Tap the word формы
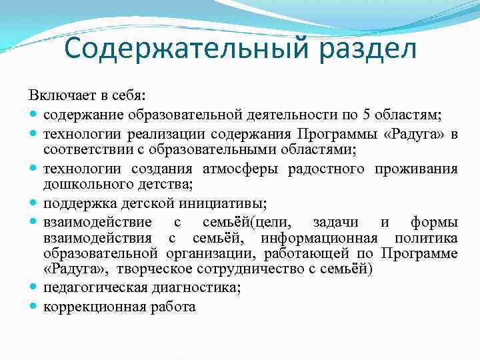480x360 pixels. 434,221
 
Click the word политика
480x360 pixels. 426,238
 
